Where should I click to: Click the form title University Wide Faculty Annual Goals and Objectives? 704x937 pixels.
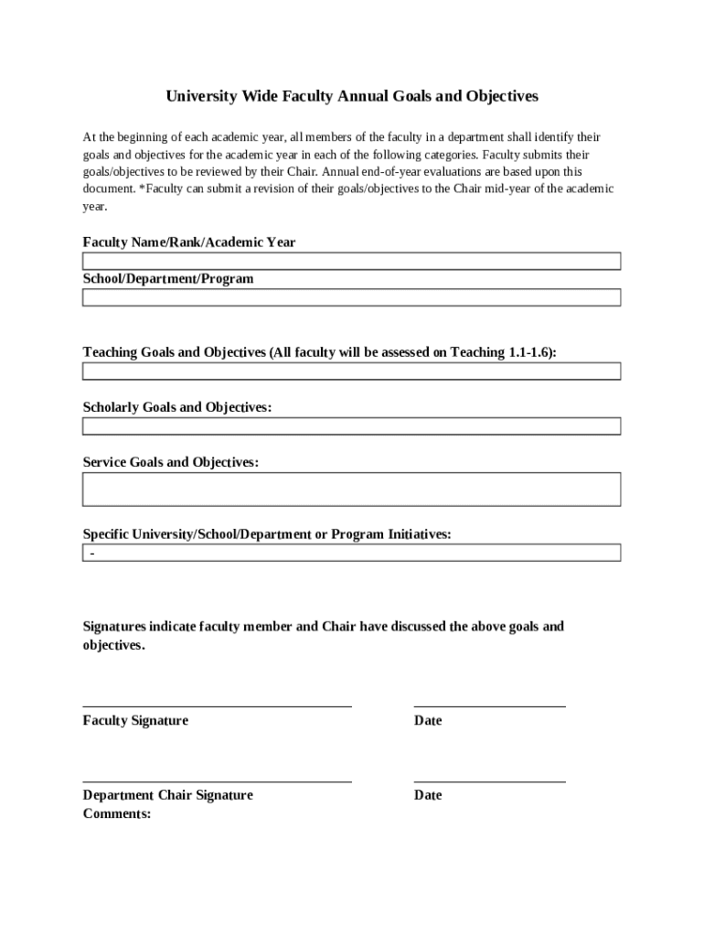(352, 96)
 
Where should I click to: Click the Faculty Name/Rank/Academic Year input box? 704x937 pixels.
(352, 261)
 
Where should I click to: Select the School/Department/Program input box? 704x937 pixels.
(352, 297)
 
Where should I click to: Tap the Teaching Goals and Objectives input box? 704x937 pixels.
(352, 371)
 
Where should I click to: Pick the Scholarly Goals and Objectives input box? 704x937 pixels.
(352, 425)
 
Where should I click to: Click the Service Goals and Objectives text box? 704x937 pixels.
(352, 489)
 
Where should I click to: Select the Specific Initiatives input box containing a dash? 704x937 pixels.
(352, 553)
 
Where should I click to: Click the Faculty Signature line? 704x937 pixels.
(217, 705)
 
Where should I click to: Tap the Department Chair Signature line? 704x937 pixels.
(217, 781)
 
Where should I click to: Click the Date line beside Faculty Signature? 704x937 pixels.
(489, 705)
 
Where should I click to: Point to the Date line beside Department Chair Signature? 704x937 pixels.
(489, 781)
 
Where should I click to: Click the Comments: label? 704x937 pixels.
(117, 813)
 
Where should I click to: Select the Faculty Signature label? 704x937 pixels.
(135, 721)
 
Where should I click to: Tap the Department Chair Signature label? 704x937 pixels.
(167, 795)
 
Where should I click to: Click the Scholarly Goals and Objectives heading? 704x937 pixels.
(177, 407)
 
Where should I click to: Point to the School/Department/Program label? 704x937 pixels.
(168, 278)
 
